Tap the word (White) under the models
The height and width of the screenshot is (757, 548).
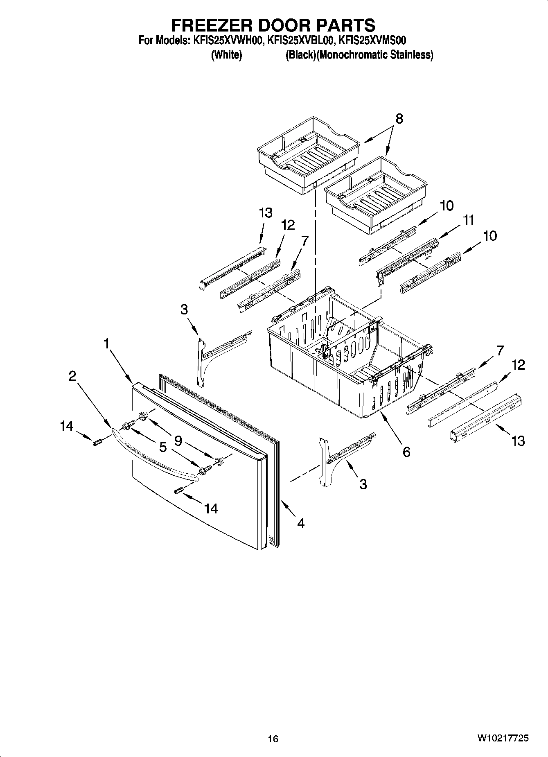coord(226,55)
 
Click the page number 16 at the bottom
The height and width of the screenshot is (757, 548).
coord(273,739)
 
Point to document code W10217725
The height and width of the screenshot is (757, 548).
coord(502,738)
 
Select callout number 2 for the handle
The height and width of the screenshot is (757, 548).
coord(72,376)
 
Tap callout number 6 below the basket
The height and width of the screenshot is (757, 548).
coord(406,452)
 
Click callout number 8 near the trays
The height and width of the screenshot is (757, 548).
coord(399,119)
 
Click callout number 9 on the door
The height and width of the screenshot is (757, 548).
coord(178,441)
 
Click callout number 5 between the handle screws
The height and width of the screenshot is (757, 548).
coord(163,447)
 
